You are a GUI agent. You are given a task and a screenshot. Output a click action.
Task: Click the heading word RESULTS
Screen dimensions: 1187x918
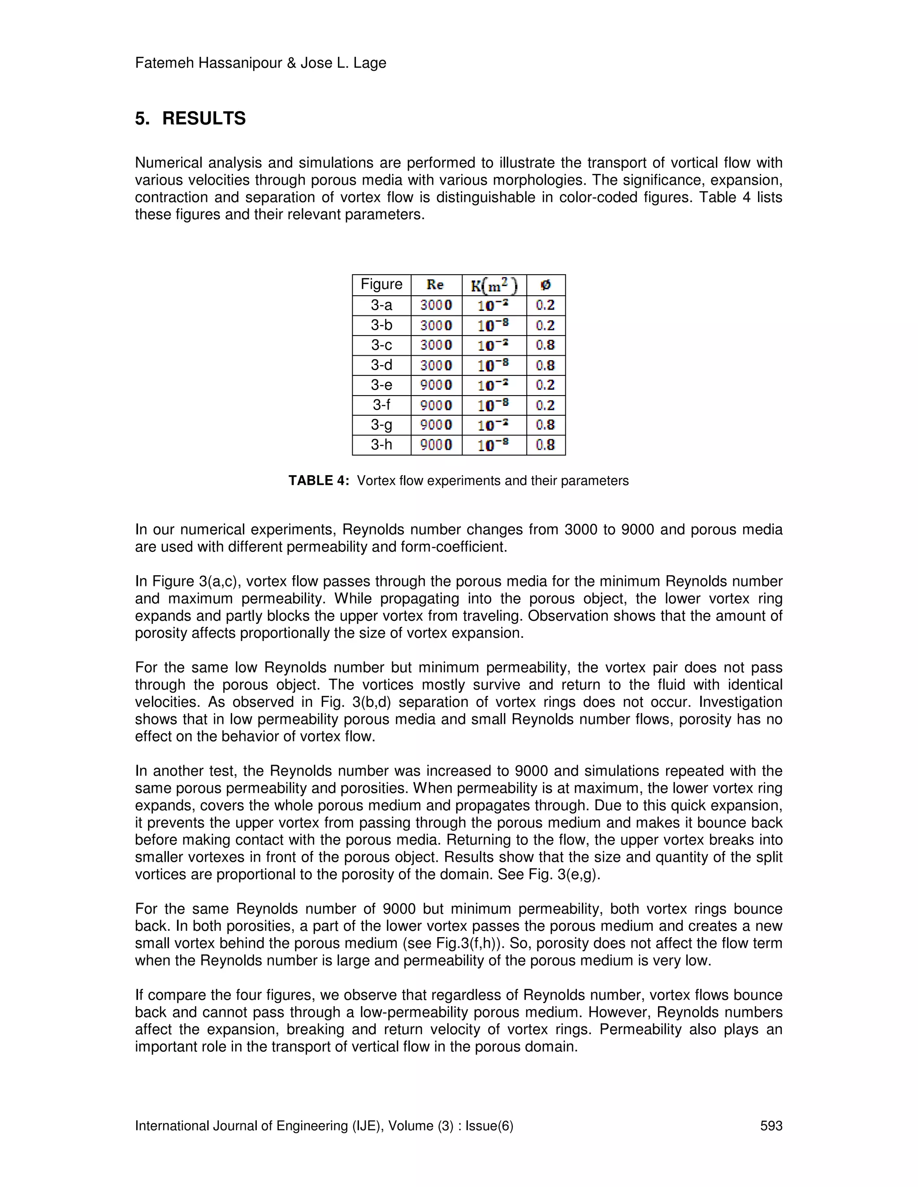coord(204,119)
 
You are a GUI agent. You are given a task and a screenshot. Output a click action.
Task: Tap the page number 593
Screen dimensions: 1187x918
coord(771,1126)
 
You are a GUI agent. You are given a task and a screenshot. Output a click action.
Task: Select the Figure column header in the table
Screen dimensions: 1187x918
coord(381,284)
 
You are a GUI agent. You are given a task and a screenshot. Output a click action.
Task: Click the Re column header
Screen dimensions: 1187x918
coord(435,284)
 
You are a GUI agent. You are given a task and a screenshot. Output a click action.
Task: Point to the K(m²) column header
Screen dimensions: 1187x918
coord(494,285)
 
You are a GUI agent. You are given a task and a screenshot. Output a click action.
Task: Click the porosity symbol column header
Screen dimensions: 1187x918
coord(546,284)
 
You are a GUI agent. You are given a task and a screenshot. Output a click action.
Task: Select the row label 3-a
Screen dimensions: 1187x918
coord(381,305)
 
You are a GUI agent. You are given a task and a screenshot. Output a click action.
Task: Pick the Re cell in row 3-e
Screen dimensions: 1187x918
coord(436,385)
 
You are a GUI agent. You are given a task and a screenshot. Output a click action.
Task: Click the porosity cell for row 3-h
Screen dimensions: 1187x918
coord(546,445)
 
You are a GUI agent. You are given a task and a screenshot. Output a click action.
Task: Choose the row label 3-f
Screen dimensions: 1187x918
coord(381,405)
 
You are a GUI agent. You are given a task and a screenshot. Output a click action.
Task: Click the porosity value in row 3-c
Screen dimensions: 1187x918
coord(546,345)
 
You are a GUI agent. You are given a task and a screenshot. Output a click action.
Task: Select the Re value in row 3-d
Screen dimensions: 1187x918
coord(436,365)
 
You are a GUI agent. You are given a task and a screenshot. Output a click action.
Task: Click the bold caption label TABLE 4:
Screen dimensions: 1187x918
coord(318,481)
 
